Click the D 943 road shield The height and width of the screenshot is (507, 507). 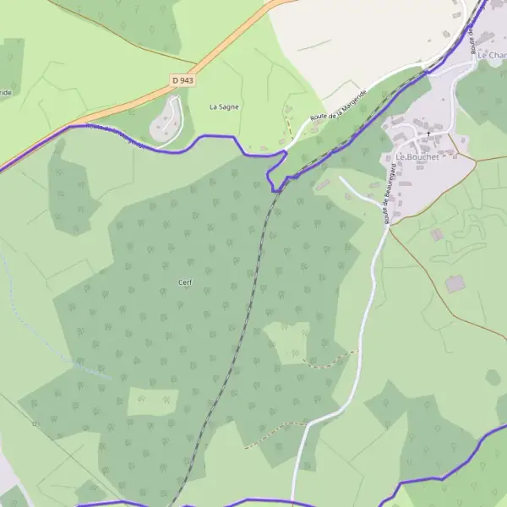(182, 80)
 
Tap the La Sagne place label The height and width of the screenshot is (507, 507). (224, 107)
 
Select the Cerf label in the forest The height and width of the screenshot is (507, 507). (185, 282)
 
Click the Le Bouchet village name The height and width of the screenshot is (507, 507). (413, 157)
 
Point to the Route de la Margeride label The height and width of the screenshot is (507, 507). (338, 105)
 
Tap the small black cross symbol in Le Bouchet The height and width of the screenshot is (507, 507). (428, 134)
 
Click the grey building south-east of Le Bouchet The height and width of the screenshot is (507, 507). (455, 284)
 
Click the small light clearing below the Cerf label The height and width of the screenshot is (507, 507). (152, 401)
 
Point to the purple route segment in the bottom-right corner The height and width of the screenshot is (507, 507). (456, 470)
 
